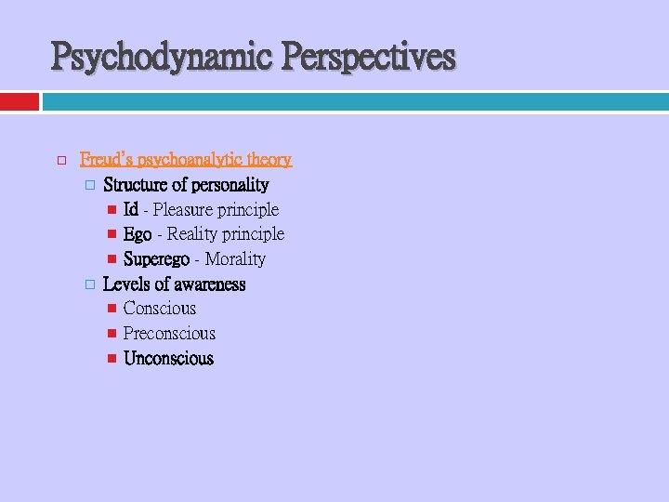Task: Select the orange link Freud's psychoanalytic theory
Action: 186,160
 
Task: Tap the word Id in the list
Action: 131,210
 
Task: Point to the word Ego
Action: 138,234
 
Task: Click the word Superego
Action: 156,259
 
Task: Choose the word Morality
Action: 235,259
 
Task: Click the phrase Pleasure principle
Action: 216,210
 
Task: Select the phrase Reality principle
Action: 226,234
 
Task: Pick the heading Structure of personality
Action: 186,185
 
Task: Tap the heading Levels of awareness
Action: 174,284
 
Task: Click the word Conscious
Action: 160,309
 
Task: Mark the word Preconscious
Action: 169,334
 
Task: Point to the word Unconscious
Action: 168,359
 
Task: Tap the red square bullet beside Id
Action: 111,210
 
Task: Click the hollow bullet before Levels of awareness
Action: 90,284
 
